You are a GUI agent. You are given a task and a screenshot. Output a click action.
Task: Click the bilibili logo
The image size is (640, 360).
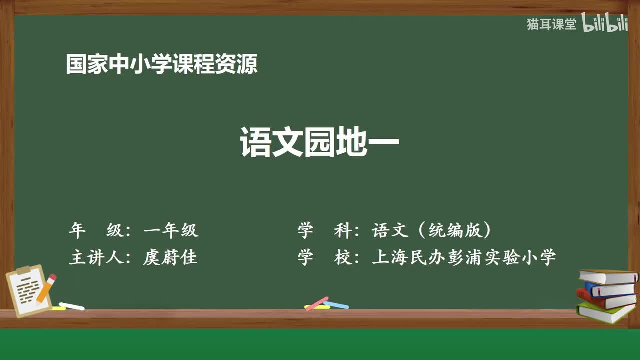click(x=604, y=22)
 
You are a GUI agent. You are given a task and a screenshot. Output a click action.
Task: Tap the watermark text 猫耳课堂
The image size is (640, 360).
click(x=551, y=24)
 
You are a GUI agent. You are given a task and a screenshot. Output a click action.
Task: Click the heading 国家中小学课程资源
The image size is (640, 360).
click(x=162, y=64)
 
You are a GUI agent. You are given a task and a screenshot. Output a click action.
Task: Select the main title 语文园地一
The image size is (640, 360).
click(x=319, y=142)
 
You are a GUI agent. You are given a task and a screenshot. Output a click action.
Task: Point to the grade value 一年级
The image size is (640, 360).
click(x=171, y=230)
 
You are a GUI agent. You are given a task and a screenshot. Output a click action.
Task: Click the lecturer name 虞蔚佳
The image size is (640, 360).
click(x=170, y=257)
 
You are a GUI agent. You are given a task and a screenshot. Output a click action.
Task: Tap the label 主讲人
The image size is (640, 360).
click(x=96, y=257)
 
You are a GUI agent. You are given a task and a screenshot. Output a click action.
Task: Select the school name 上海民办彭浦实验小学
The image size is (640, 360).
click(x=464, y=257)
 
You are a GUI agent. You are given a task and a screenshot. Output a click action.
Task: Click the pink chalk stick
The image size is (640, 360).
click(x=317, y=303)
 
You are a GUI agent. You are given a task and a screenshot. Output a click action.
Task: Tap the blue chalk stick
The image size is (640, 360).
click(x=336, y=305)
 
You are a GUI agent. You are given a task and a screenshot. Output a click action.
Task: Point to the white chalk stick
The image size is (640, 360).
click(x=71, y=306)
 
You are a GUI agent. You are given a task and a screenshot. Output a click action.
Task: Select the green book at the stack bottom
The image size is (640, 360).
click(x=605, y=313)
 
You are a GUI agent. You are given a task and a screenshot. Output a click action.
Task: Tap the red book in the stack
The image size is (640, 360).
click(x=605, y=300)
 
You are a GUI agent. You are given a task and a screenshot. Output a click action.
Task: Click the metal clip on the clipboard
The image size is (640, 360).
click(x=23, y=270)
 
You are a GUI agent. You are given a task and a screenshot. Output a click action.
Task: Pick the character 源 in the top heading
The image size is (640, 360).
click(x=247, y=64)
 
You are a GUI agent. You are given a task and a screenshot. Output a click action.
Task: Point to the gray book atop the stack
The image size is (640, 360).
click(x=608, y=277)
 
